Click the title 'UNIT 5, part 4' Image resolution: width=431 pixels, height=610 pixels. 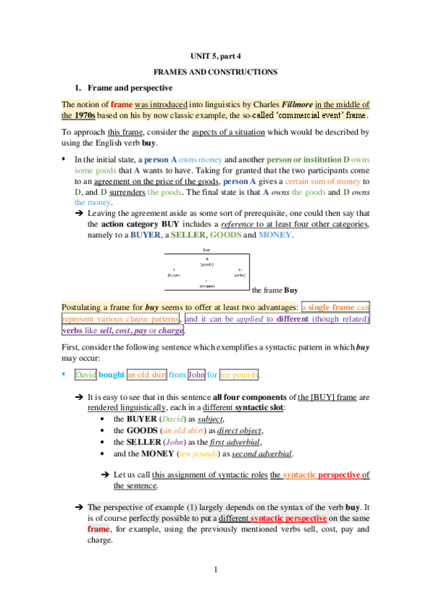point(215,57)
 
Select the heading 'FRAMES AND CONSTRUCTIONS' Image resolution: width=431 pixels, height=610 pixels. point(215,73)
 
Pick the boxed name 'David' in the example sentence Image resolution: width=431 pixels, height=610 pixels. point(86,375)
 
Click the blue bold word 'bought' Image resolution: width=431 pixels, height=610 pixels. point(112,375)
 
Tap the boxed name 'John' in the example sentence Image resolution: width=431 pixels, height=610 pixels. point(196,375)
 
